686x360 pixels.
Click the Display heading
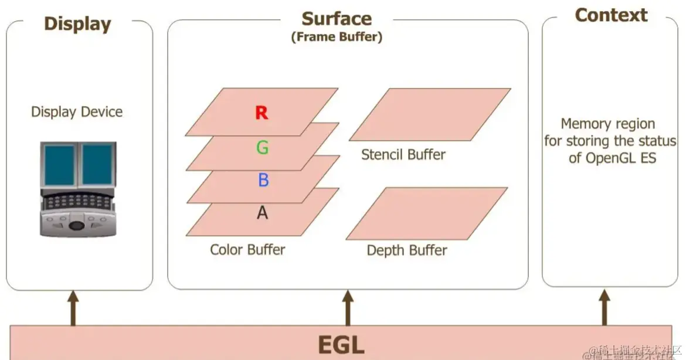(x=77, y=24)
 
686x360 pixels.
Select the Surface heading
(x=337, y=19)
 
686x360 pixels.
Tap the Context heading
(x=611, y=15)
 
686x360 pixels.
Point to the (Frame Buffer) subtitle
(x=337, y=37)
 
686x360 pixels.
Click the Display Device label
(x=77, y=112)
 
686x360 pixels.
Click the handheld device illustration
(x=78, y=189)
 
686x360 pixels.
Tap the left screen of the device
(x=60, y=165)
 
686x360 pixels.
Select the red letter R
(x=262, y=113)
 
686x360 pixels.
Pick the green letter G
(x=263, y=147)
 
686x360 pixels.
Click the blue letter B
(x=263, y=180)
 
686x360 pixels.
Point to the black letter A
(x=263, y=213)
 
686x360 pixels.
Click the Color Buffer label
(x=247, y=250)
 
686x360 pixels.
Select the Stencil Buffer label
(x=403, y=155)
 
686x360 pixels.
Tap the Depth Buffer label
(x=407, y=250)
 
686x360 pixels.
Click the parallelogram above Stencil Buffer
(x=430, y=114)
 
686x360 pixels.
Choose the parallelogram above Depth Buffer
(x=427, y=213)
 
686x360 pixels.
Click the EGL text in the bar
(x=341, y=344)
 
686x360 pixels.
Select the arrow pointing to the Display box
(x=73, y=307)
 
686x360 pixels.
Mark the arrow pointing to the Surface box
(x=348, y=307)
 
